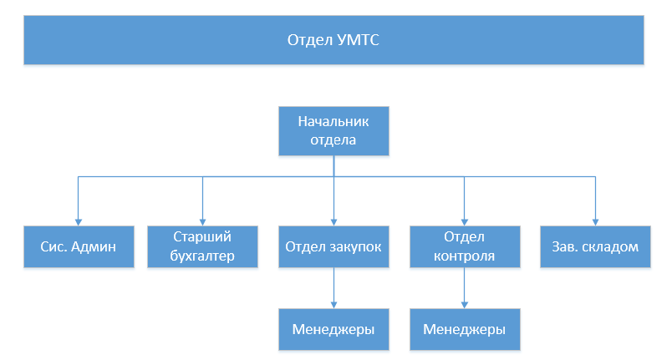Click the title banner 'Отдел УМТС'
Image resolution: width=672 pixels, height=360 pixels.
click(x=333, y=40)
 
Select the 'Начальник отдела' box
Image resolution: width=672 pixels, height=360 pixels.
click(x=333, y=131)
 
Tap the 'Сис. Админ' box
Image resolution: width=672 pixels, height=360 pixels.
click(x=79, y=247)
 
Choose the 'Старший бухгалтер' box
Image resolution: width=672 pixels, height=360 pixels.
click(x=203, y=247)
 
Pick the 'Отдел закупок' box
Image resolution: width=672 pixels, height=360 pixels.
click(x=333, y=247)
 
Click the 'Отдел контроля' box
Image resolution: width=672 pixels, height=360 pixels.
click(x=465, y=247)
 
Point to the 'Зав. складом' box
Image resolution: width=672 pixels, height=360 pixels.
click(x=595, y=247)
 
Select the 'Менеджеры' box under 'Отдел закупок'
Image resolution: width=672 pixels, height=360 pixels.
click(x=333, y=330)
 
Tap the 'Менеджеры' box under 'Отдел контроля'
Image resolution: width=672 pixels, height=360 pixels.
click(x=465, y=330)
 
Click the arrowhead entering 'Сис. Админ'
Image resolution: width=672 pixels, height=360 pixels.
click(x=79, y=222)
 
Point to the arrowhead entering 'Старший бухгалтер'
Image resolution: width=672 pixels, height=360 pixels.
click(x=203, y=222)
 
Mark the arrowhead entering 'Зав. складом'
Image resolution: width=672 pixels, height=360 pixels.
click(x=595, y=222)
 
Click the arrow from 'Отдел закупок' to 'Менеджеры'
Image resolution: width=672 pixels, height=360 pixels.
click(x=333, y=288)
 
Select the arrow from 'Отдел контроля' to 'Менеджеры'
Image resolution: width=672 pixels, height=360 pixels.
click(x=465, y=288)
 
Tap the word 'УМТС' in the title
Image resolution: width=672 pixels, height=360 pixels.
click(x=358, y=40)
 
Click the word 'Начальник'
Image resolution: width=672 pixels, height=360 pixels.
click(x=333, y=122)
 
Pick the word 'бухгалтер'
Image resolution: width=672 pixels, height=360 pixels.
click(x=202, y=256)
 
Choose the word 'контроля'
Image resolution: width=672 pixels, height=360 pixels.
click(x=464, y=256)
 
